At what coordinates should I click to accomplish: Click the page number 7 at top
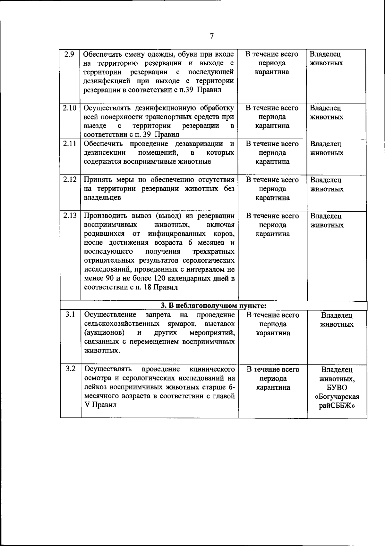pos(212,36)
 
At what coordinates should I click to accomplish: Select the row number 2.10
pos(70,108)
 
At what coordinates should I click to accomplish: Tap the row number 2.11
pos(70,144)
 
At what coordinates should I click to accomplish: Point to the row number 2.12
pos(70,180)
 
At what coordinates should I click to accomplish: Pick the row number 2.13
pos(70,216)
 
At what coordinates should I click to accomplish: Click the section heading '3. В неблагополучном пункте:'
pos(213,306)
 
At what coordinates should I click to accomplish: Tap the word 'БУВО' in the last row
pos(337,388)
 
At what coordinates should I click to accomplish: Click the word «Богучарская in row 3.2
pos(337,397)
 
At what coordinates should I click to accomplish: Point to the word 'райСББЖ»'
pos(337,406)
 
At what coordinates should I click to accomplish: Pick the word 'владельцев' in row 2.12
pos(102,198)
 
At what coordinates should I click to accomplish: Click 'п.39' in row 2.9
pos(185,90)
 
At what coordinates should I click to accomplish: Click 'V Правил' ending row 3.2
pos(100,405)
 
